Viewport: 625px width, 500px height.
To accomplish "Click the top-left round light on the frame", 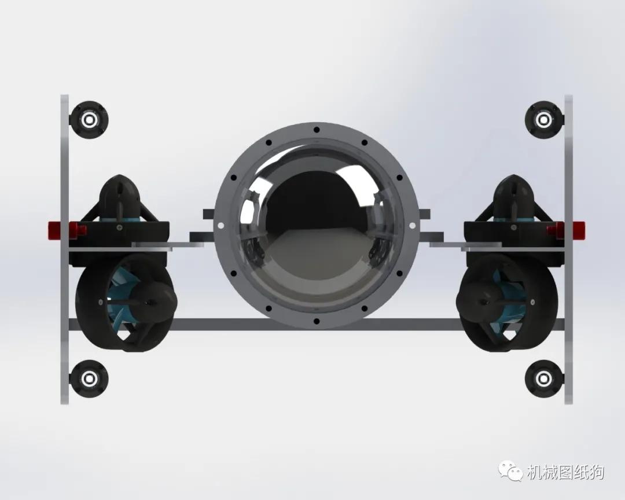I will click(89, 120).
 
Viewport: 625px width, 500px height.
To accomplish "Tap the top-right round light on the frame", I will click(543, 120).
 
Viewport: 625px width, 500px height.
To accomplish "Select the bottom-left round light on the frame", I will click(89, 378).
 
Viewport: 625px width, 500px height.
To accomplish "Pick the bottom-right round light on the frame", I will click(543, 378).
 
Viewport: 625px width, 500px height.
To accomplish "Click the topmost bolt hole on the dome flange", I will click(316, 130).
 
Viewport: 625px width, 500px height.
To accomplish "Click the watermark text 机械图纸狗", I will click(565, 473).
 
